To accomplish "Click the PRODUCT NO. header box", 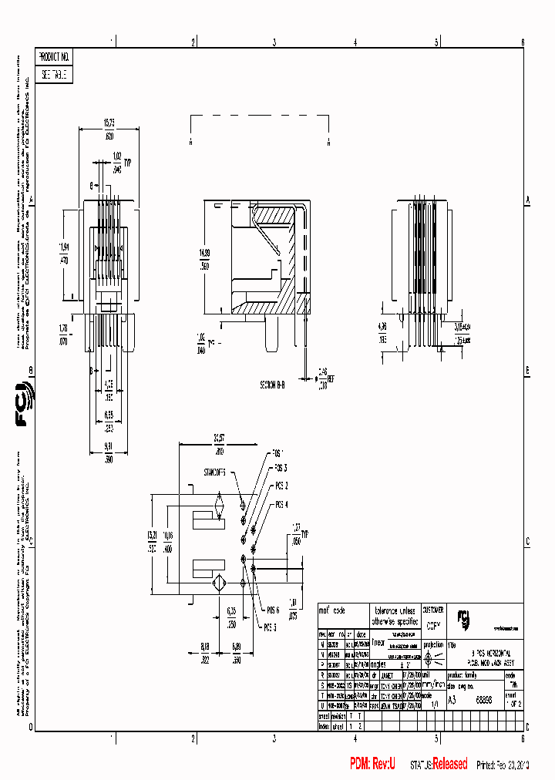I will coord(54,57).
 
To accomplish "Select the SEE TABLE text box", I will coord(54,75).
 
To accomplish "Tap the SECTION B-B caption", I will coord(272,384).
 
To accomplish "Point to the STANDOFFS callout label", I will coord(214,472).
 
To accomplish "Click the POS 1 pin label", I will coord(278,452).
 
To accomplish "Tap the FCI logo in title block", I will coord(464,619).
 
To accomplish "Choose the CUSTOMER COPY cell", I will coord(432,619).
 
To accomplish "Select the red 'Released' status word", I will coord(449,764).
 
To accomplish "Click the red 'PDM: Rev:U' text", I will coord(372,764).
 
